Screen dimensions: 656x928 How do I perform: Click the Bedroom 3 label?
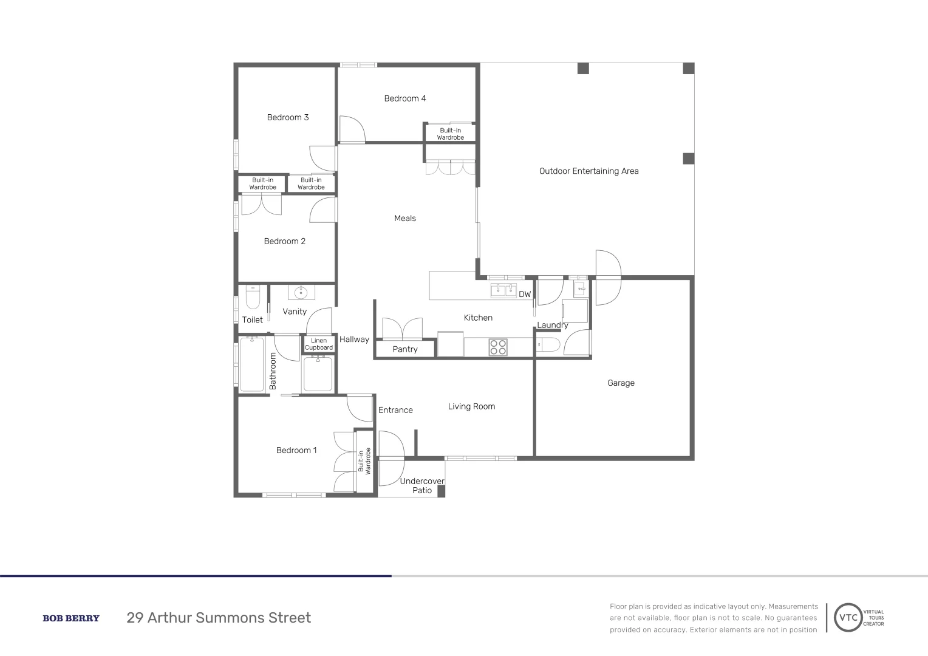(x=288, y=117)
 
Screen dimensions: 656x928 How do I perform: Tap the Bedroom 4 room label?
(x=405, y=98)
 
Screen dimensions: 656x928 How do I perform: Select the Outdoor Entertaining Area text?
(x=589, y=171)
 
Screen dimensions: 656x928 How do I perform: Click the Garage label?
(x=621, y=383)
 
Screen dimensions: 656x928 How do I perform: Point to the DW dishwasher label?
(x=525, y=295)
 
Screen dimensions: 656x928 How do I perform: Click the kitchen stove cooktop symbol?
(x=499, y=347)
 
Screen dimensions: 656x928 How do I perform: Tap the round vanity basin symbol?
(x=301, y=293)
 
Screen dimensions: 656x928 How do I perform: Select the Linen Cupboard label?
(x=319, y=344)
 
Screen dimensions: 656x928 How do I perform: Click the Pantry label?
(x=405, y=349)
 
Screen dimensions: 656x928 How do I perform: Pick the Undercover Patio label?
(x=422, y=486)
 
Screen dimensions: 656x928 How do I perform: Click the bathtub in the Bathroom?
(x=251, y=364)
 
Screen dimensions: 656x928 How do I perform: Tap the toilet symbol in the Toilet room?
(x=253, y=298)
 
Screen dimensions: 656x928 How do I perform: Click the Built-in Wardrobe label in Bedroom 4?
(x=450, y=134)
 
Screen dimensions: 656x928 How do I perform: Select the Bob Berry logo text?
(x=71, y=618)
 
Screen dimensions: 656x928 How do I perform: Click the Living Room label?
(x=471, y=406)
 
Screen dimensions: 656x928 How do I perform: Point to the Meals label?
(x=405, y=219)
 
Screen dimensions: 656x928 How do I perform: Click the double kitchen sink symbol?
(x=503, y=290)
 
